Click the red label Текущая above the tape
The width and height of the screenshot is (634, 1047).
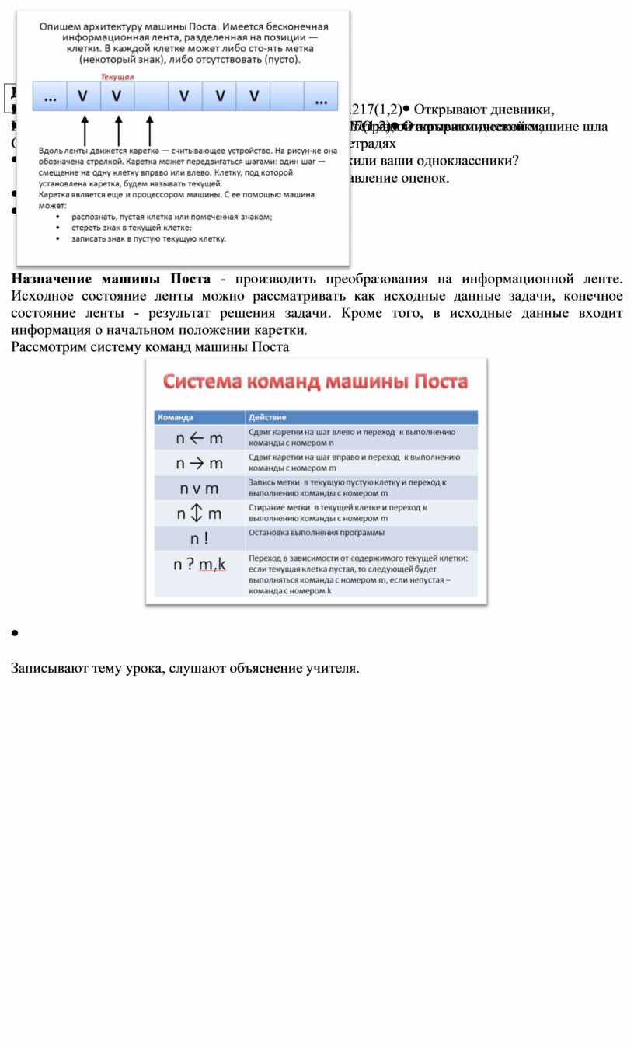(117, 77)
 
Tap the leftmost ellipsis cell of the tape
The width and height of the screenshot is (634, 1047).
(51, 96)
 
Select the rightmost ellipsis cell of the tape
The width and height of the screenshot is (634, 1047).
(320, 96)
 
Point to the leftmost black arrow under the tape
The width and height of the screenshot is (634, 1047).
(85, 130)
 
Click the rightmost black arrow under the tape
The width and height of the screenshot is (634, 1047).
(149, 130)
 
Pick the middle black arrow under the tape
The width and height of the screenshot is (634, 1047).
(118, 130)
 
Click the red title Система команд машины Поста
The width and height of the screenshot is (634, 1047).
(315, 381)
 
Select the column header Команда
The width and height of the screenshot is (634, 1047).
(176, 417)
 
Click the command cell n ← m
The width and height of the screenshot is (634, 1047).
(199, 438)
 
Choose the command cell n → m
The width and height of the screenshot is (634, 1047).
(199, 464)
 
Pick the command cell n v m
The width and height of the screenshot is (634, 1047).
(199, 489)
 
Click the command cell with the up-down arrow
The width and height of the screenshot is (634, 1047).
(199, 513)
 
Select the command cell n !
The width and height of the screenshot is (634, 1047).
(199, 538)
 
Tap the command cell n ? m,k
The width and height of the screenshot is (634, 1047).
(199, 565)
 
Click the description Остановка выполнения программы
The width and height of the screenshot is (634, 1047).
(316, 533)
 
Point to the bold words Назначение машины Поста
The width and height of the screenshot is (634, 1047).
(111, 279)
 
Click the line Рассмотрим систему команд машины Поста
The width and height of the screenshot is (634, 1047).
(150, 347)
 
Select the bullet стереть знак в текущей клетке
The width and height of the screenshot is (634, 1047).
(131, 228)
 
